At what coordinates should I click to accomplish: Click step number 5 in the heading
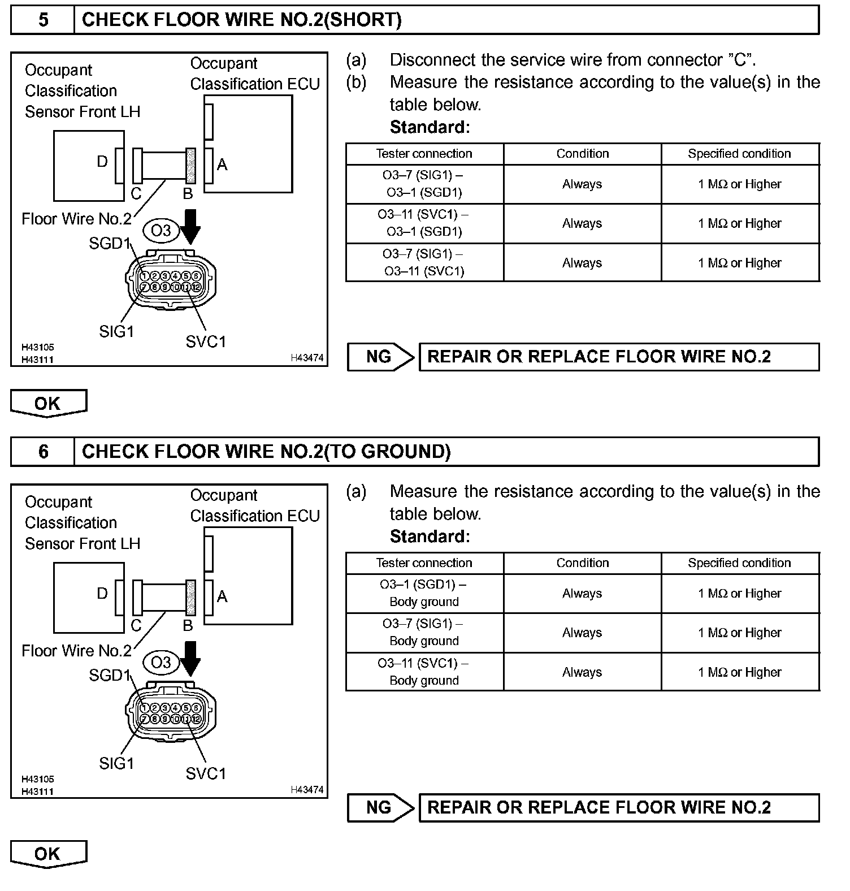(43, 20)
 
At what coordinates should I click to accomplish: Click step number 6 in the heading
(43, 452)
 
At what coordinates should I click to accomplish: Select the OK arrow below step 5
(48, 403)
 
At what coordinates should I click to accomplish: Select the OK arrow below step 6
(48, 854)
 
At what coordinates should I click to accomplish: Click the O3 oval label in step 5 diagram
(161, 231)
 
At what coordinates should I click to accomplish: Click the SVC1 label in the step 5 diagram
(206, 341)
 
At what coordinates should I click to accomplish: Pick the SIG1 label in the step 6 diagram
(116, 763)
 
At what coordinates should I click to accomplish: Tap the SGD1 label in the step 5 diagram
(109, 244)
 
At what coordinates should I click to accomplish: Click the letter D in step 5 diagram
(102, 162)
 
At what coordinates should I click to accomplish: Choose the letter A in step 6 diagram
(222, 596)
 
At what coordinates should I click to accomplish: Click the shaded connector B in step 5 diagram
(191, 166)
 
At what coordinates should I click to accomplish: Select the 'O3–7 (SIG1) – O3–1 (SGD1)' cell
(424, 184)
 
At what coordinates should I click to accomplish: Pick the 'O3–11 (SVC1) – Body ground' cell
(424, 672)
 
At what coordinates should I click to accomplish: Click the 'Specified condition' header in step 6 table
(739, 563)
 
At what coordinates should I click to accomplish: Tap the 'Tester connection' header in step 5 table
(424, 154)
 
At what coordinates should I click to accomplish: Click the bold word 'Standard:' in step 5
(430, 127)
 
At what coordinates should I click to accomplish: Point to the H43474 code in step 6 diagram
(307, 790)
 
